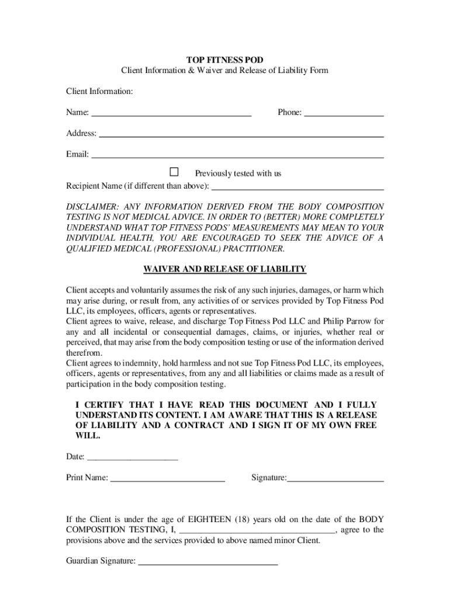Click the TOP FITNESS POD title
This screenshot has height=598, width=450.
pos(224,60)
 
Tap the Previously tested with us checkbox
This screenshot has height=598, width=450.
pos(174,172)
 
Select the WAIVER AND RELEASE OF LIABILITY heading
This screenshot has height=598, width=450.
pos(224,269)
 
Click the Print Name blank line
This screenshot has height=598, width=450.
pos(168,479)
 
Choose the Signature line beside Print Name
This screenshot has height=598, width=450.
pos(335,479)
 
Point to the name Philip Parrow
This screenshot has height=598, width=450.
pos(348,321)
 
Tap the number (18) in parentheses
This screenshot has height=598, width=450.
pos(243,519)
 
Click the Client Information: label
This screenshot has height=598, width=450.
pos(99,92)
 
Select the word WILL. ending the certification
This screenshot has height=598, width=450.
pos(88,436)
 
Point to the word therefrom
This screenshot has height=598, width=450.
pos(85,353)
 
